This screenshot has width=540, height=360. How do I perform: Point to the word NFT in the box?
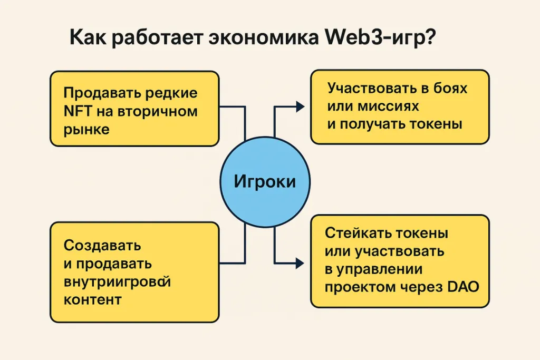77,112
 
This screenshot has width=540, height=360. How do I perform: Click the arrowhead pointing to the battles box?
300,106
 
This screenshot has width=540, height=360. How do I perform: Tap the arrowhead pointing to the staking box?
300,262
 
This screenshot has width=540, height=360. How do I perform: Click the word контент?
92,299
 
